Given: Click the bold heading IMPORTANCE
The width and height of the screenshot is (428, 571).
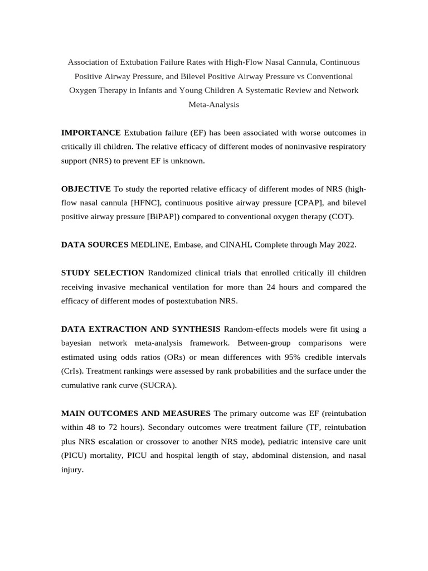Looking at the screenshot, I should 91,133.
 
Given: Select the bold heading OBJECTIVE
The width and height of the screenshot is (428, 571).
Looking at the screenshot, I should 86,189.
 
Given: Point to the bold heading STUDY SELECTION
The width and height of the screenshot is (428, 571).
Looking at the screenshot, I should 103,273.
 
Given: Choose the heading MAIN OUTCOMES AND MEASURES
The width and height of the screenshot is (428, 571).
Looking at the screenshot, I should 136,413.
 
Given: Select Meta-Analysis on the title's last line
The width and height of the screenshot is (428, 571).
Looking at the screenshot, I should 214,104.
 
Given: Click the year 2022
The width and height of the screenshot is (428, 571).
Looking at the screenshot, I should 344,245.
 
